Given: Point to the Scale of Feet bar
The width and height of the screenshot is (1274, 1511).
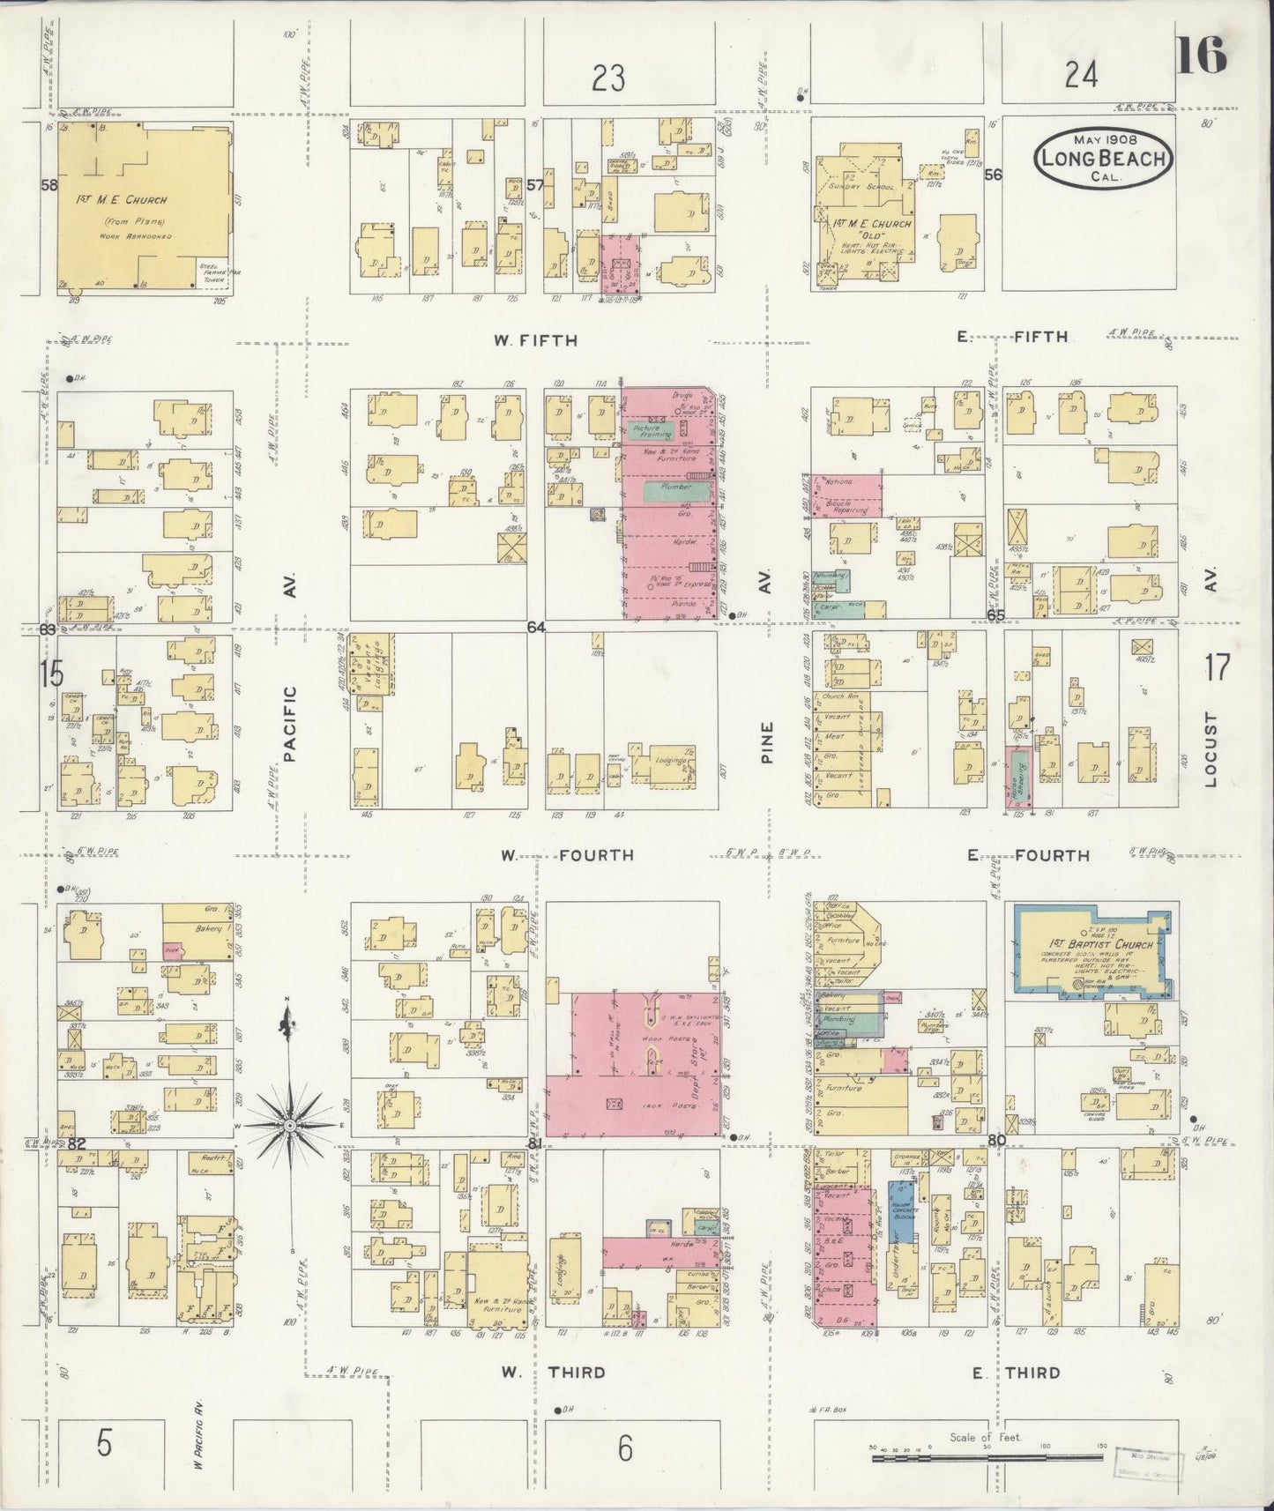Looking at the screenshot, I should point(987,1458).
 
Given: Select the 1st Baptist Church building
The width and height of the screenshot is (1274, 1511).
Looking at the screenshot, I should point(1094,955).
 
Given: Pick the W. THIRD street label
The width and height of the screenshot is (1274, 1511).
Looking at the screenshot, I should point(553,1373).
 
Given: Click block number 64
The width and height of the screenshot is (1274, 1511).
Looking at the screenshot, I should point(535,627).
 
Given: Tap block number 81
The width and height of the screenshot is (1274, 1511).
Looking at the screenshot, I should point(534,1143).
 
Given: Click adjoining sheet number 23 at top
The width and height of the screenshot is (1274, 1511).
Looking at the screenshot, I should point(608,79).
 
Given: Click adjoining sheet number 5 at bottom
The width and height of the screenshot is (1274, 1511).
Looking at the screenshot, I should point(104,1446).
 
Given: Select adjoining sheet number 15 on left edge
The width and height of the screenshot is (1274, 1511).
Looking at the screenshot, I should point(51,674).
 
